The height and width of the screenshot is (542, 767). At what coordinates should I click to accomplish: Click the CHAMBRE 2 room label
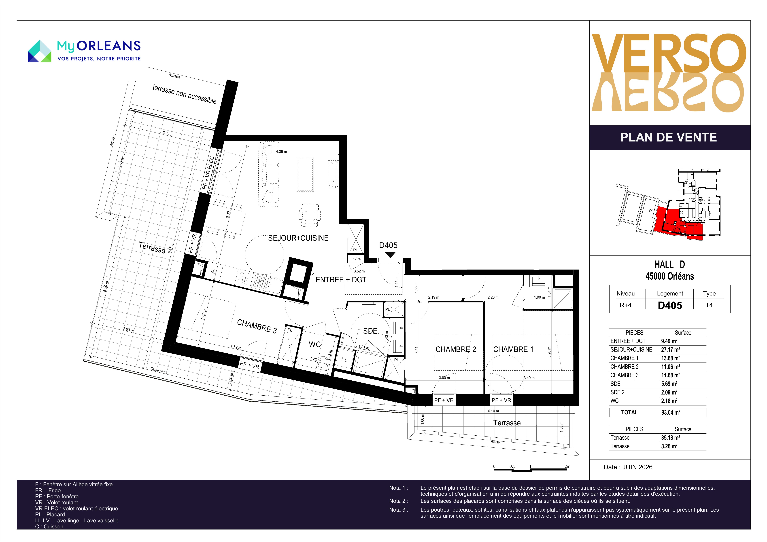pyautogui.click(x=456, y=349)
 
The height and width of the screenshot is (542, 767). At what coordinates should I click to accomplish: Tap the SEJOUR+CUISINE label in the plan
pyautogui.click(x=298, y=238)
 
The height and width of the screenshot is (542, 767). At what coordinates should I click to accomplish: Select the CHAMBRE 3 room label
pyautogui.click(x=257, y=326)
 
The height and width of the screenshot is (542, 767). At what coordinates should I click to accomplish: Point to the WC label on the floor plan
pyautogui.click(x=315, y=344)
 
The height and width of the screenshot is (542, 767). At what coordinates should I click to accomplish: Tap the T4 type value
pyautogui.click(x=709, y=305)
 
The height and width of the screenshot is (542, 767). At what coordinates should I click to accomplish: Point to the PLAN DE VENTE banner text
pyautogui.click(x=668, y=137)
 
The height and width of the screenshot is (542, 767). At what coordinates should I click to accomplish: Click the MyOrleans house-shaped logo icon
pyautogui.click(x=39, y=51)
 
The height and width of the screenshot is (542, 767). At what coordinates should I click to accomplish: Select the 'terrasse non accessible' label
pyautogui.click(x=184, y=94)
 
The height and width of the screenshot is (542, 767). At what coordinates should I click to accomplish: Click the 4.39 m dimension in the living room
pyautogui.click(x=281, y=152)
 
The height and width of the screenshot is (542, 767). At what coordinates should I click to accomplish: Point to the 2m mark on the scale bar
pyautogui.click(x=567, y=466)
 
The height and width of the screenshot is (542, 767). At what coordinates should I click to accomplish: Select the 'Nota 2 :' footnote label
pyautogui.click(x=399, y=501)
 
